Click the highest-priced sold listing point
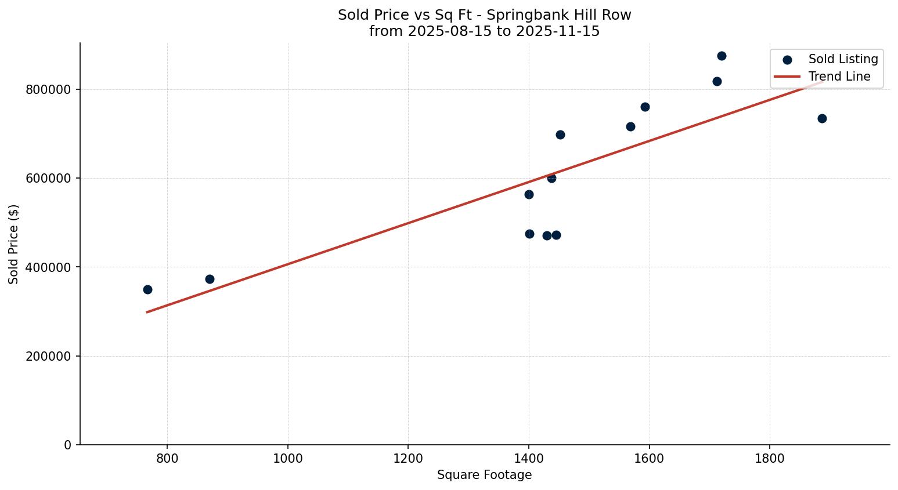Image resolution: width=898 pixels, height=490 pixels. pyautogui.click(x=722, y=56)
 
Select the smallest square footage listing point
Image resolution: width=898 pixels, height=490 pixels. pyautogui.click(x=147, y=289)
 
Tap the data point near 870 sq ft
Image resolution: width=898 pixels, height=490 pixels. pyautogui.click(x=210, y=279)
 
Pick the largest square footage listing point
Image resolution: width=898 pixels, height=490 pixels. pyautogui.click(x=822, y=118)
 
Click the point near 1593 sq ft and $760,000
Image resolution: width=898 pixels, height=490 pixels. pyautogui.click(x=645, y=107)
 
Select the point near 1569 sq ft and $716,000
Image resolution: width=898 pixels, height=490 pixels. pyautogui.click(x=630, y=126)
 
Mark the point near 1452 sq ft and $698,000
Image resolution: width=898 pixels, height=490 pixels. pyautogui.click(x=560, y=135)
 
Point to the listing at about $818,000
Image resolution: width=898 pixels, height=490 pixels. pyautogui.click(x=717, y=81)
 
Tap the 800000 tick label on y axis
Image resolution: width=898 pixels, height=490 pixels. pyautogui.click(x=48, y=90)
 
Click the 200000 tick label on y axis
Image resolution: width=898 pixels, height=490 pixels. pyautogui.click(x=48, y=356)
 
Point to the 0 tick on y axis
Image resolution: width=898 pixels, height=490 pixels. pyautogui.click(x=68, y=445)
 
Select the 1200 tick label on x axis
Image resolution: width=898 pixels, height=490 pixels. pyautogui.click(x=408, y=459)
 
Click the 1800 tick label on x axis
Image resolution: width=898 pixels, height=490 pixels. pyautogui.click(x=770, y=459)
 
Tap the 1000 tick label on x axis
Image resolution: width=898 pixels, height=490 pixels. pyautogui.click(x=287, y=459)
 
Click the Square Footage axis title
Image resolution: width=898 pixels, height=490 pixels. pyautogui.click(x=484, y=476)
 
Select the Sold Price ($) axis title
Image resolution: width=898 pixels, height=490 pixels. pyautogui.click(x=13, y=244)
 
